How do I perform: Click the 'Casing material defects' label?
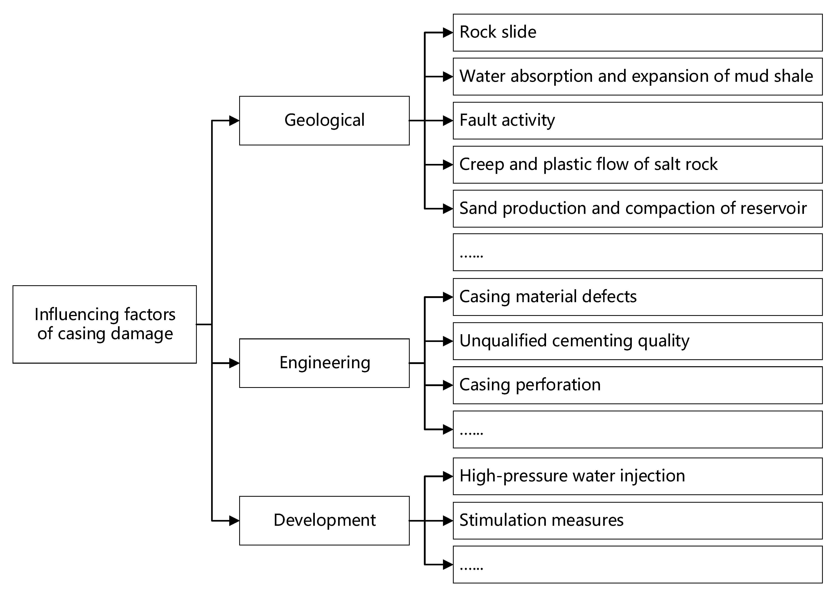click(x=548, y=296)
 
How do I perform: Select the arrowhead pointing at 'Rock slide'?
click(x=448, y=32)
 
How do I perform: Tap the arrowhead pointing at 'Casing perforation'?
click(x=448, y=385)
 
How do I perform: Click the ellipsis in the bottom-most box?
click(x=471, y=568)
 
